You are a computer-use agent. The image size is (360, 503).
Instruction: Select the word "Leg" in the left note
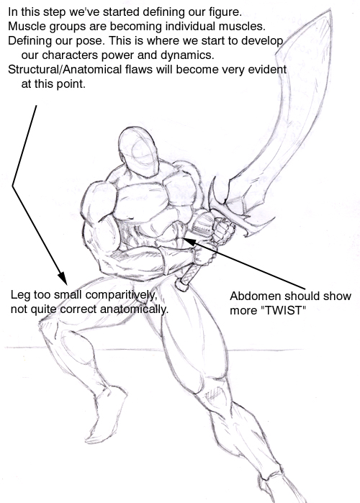(20, 294)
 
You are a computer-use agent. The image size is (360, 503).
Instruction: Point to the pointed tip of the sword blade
(330, 11)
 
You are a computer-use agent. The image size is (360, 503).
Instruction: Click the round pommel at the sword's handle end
(182, 285)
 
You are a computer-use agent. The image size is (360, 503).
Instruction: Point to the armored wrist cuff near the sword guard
(203, 225)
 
